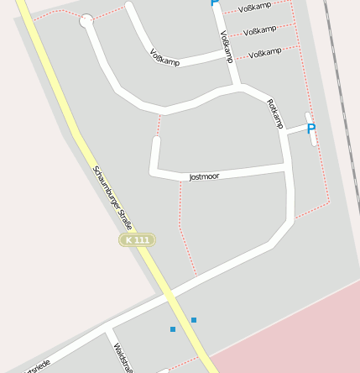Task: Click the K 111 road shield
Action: tap(137, 240)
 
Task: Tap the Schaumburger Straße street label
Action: tap(112, 197)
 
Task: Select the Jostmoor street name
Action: tap(204, 177)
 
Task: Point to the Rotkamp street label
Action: tap(275, 114)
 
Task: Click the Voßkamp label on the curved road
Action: tap(165, 57)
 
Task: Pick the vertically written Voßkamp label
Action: tap(226, 47)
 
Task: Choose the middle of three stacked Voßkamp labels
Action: tap(260, 30)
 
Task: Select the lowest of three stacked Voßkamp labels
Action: tap(265, 53)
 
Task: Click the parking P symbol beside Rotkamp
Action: tap(311, 129)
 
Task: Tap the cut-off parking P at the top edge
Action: tap(215, 3)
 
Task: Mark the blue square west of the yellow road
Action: tap(173, 328)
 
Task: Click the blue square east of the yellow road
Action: tap(194, 320)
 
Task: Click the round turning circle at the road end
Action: tap(86, 21)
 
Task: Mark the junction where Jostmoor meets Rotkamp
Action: tap(288, 171)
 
